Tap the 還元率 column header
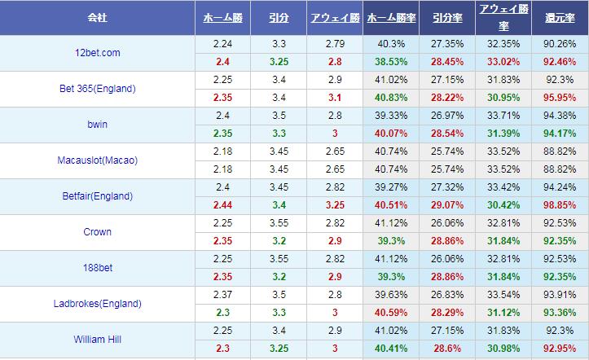[x=560, y=17]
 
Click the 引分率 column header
[x=446, y=17]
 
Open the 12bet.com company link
[x=96, y=53]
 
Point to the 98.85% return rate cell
[x=560, y=204]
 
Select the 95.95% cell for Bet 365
[x=560, y=97]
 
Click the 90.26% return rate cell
[x=560, y=45]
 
